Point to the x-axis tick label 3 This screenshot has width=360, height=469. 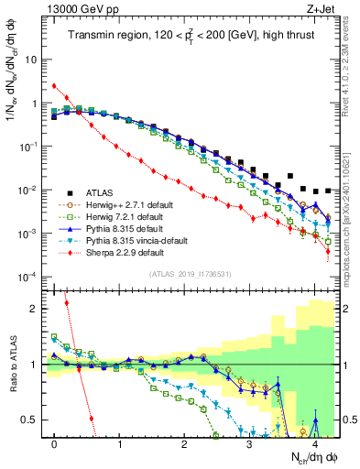[x=249, y=445]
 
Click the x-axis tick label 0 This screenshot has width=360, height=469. [x=55, y=445]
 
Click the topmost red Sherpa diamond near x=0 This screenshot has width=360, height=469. [x=55, y=86]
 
